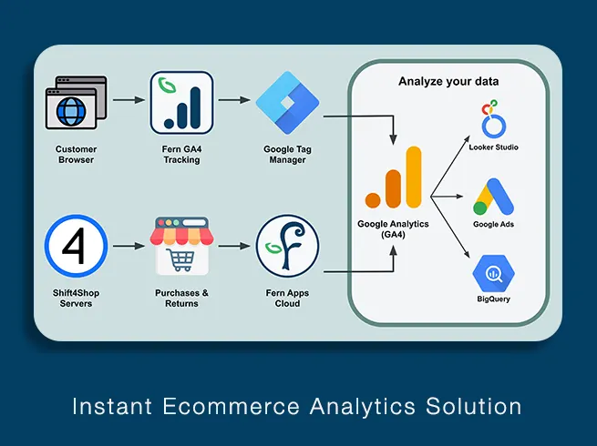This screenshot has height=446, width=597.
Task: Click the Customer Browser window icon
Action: click(x=77, y=103)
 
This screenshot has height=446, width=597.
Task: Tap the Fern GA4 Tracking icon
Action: click(x=181, y=103)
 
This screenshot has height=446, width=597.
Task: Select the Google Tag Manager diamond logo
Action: click(x=287, y=103)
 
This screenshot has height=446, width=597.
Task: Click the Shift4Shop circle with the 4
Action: click(x=77, y=246)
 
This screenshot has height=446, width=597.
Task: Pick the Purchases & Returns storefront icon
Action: click(x=181, y=246)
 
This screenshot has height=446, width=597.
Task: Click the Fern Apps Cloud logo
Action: click(x=287, y=246)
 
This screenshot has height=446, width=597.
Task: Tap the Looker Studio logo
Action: click(x=493, y=118)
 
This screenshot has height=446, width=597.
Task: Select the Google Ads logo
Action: click(x=493, y=197)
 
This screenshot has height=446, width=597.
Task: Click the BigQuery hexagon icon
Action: click(x=493, y=273)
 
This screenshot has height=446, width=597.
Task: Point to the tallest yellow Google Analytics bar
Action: click(x=414, y=177)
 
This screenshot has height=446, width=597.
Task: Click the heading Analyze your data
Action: click(x=448, y=81)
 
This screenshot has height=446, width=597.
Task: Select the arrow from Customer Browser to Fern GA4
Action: click(x=129, y=100)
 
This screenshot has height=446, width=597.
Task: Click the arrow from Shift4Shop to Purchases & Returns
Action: click(x=129, y=247)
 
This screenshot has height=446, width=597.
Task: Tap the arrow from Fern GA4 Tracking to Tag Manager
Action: click(x=234, y=100)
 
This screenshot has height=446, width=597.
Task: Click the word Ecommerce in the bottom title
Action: click(x=232, y=406)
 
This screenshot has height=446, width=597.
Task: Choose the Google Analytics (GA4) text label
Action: click(x=394, y=229)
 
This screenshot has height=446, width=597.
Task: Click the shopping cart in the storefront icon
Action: click(x=180, y=259)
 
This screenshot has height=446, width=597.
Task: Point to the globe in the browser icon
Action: click(x=71, y=111)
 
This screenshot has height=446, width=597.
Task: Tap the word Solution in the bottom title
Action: click(x=474, y=406)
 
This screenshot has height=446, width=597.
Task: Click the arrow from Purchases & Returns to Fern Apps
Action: click(x=234, y=247)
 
